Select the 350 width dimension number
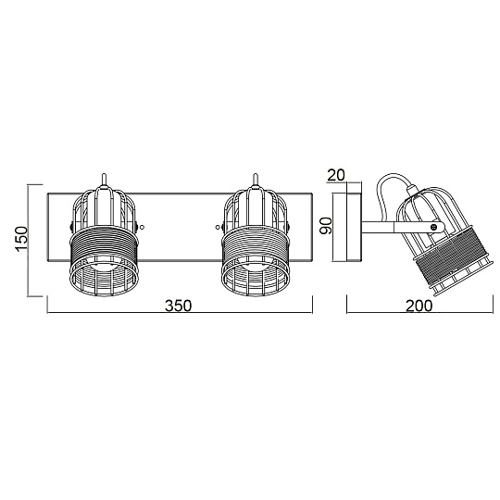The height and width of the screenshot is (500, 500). pos(180,310)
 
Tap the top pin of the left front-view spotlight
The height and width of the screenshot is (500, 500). pos(106,179)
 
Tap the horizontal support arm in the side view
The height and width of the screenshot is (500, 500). pos(382,225)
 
